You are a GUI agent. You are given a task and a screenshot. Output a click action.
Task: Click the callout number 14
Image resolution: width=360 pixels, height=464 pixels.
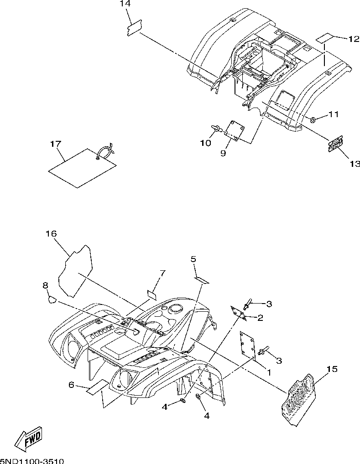(x=125, y=4)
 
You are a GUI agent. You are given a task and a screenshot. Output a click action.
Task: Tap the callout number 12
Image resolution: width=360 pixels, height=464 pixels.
(x=353, y=39)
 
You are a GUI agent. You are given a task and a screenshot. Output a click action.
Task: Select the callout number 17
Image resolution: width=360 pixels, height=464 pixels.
(x=55, y=144)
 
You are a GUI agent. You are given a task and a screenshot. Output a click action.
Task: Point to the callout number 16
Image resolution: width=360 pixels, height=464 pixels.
(x=51, y=234)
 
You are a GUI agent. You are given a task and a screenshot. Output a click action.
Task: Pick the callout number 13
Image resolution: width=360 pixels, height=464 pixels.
(x=355, y=163)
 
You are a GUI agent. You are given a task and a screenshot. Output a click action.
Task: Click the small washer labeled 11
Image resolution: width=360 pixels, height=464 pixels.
(x=313, y=120)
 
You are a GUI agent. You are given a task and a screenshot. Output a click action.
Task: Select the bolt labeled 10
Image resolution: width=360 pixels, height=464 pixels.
(x=216, y=129)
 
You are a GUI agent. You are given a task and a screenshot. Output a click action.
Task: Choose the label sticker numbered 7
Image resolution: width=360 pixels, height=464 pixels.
(x=152, y=294)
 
